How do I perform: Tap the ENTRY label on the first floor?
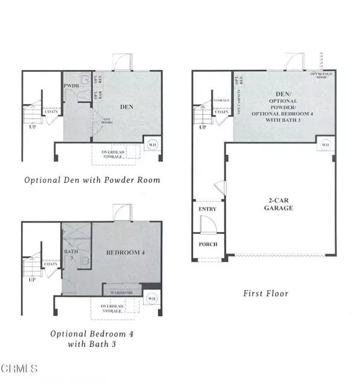(x=207, y=209)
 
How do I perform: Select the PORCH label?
(x=207, y=244)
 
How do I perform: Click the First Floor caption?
(x=265, y=294)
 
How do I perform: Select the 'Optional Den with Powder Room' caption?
(x=92, y=180)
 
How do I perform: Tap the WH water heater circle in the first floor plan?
(x=326, y=145)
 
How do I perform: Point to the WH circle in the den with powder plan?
(x=151, y=145)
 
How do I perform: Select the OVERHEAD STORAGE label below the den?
(x=113, y=154)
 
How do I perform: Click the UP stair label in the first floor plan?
(x=203, y=127)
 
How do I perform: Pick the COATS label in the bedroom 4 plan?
(x=51, y=264)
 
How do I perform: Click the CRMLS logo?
(x=20, y=367)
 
